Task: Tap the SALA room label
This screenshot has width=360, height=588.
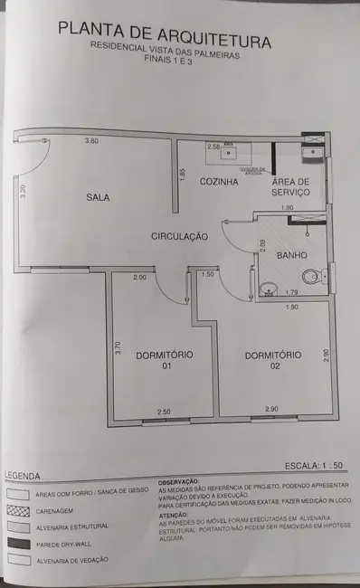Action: [99, 197]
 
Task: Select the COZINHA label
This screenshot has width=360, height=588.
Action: [219, 182]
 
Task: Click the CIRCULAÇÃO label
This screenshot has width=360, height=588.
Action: [179, 236]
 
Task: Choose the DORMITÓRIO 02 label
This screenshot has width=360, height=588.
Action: [272, 361]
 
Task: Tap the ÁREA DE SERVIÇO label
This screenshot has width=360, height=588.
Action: [291, 187]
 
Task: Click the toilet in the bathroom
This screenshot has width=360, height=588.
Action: [310, 276]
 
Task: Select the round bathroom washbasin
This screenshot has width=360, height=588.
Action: [267, 289]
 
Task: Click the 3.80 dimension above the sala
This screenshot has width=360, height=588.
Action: [91, 141]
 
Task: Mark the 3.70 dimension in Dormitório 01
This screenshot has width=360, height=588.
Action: [118, 347]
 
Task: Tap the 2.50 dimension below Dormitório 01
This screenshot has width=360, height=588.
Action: [164, 413]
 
